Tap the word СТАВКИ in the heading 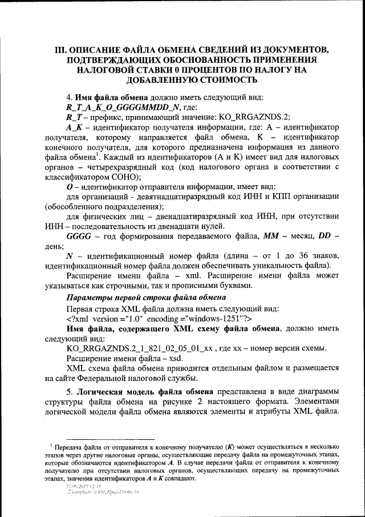158,70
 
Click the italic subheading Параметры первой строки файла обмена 147,298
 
